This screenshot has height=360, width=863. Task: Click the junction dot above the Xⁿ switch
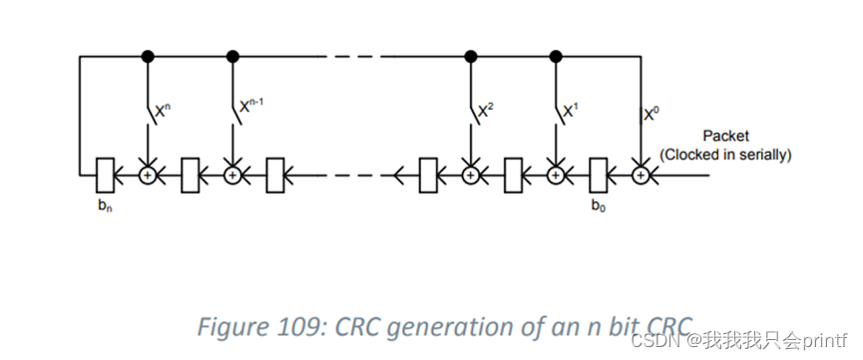[x=148, y=56]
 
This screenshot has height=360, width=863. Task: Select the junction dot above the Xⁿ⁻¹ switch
[x=232, y=56]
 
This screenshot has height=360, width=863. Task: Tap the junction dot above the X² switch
[x=470, y=56]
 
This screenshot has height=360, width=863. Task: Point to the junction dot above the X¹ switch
[x=555, y=56]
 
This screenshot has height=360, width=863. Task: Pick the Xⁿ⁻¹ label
[x=253, y=104]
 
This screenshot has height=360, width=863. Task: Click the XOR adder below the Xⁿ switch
[x=148, y=175]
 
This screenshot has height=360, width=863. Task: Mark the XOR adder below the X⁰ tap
[x=640, y=175]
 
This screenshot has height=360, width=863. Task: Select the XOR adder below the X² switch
[x=470, y=175]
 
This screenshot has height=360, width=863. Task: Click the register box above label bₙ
[x=104, y=175]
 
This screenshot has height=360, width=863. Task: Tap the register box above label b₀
[x=599, y=175]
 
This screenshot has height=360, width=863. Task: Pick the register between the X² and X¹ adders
[x=513, y=175]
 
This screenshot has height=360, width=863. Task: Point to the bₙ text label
[x=104, y=206]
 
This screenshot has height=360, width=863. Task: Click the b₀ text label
[x=598, y=206]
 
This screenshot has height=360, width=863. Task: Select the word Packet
[x=725, y=136]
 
